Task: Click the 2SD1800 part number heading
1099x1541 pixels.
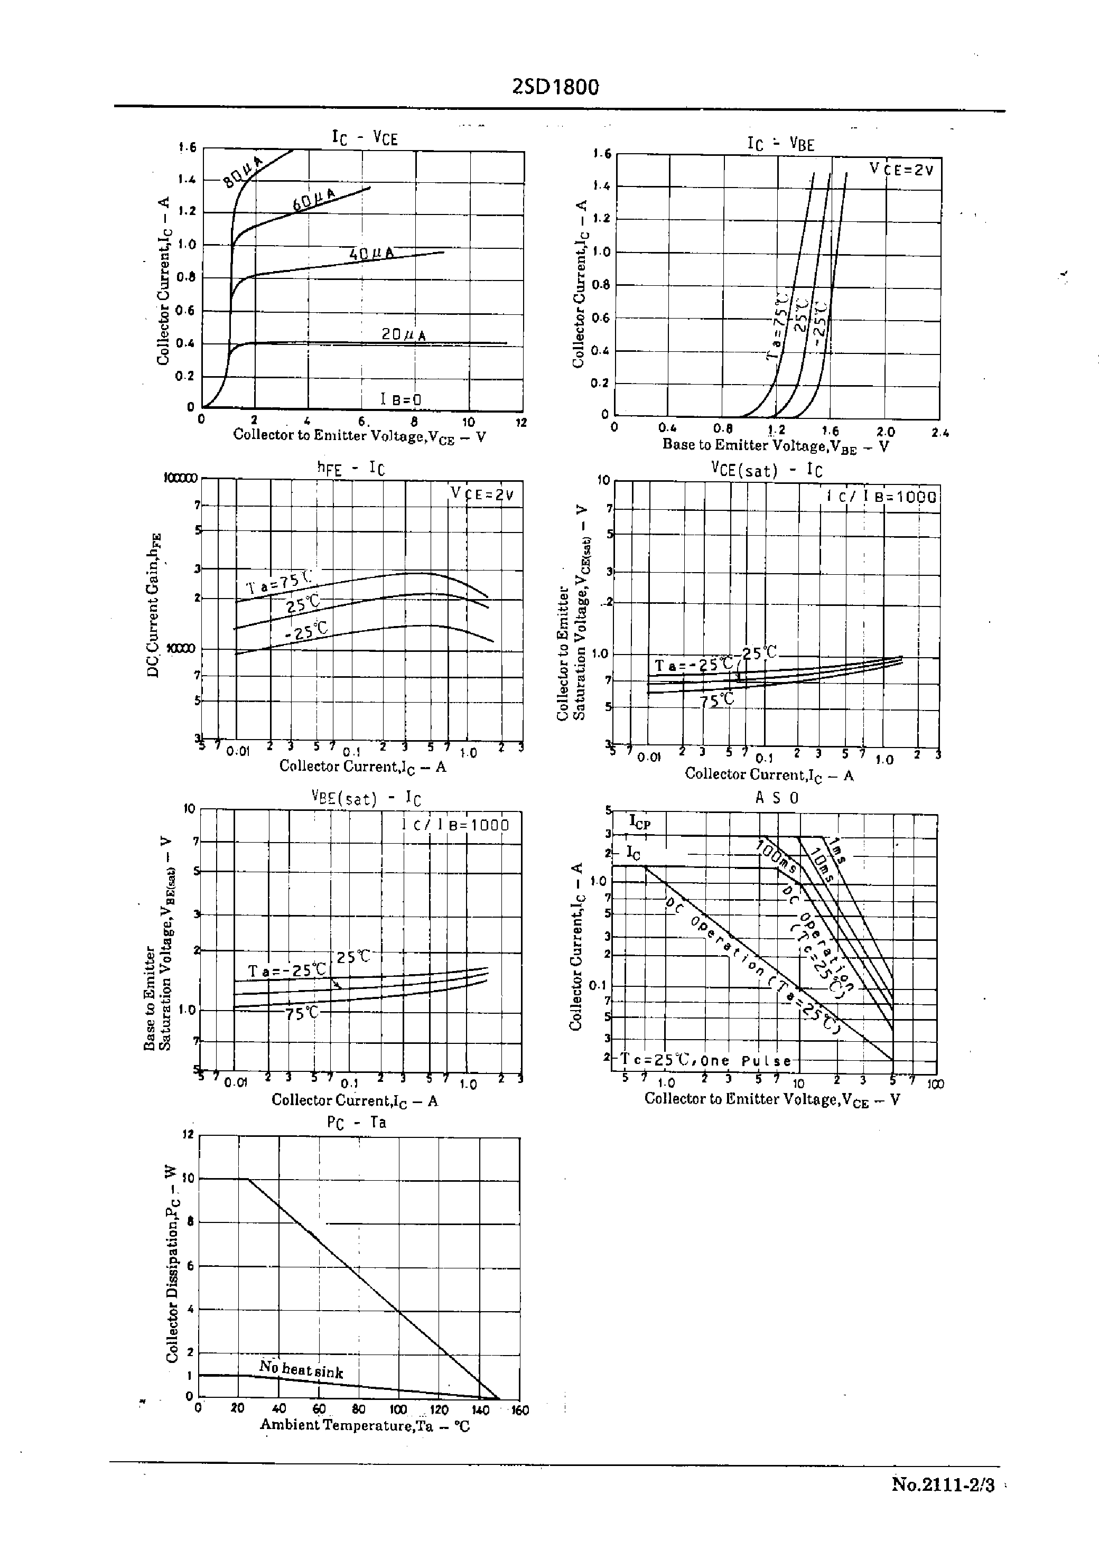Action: (556, 87)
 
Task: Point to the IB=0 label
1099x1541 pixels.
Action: (402, 399)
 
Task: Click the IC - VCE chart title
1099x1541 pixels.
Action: (364, 138)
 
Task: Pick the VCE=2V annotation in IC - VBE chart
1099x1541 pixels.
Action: (901, 170)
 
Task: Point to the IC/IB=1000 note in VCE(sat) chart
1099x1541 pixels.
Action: (882, 497)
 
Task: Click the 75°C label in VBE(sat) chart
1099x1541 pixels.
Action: (302, 1013)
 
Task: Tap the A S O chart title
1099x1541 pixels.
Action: (776, 798)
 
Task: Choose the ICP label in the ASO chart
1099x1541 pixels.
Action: (639, 822)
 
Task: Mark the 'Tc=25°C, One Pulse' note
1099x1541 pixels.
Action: (706, 1060)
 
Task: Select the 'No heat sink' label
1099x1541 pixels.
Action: (301, 1369)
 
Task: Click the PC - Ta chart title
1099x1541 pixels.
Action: (357, 1122)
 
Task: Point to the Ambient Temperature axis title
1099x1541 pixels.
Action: (365, 1425)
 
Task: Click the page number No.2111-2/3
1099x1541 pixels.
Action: (943, 1485)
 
